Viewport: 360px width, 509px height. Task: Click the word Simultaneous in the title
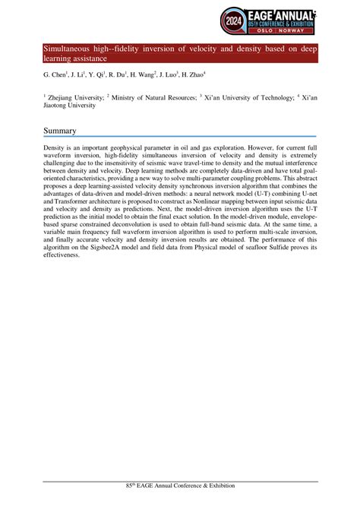pos(69,49)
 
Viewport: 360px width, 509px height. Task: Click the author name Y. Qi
pos(96,76)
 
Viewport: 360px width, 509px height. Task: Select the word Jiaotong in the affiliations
pos(59,106)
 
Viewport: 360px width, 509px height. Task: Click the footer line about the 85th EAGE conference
pos(180,485)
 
